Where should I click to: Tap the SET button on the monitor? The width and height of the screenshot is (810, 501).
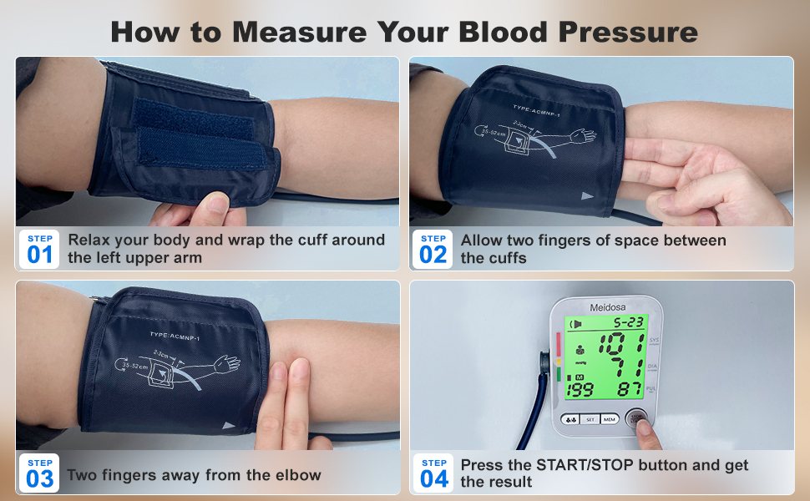coord(590,419)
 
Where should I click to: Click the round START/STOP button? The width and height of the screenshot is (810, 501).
coord(636,417)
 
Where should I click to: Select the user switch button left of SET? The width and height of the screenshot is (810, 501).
coord(571,419)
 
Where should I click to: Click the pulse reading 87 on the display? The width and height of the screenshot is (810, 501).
coord(628,389)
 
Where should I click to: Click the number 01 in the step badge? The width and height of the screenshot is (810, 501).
coord(39,255)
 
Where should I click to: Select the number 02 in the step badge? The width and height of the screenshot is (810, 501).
coord(433,255)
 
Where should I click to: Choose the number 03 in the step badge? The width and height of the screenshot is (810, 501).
coord(39,478)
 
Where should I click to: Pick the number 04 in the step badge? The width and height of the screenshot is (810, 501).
coord(434,478)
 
